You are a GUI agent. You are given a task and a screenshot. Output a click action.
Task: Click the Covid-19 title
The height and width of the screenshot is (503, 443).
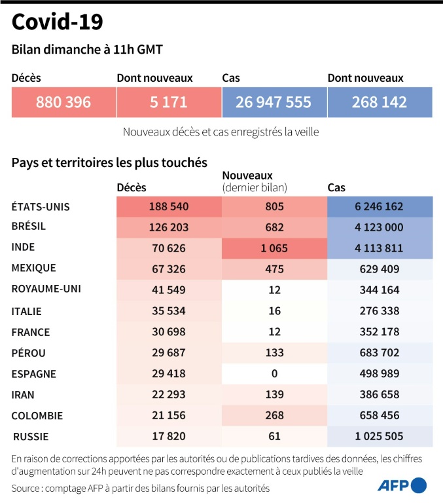pyautogui.click(x=57, y=22)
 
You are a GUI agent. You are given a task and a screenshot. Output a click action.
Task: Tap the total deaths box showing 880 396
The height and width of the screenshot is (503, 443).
pyautogui.click(x=63, y=102)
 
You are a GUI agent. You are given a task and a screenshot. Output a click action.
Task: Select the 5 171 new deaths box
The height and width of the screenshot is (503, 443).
pyautogui.click(x=168, y=102)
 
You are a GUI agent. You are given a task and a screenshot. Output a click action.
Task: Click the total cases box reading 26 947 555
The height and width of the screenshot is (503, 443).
pyautogui.click(x=274, y=102)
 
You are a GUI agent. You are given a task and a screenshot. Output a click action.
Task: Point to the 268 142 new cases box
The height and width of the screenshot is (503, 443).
pyautogui.click(x=380, y=102)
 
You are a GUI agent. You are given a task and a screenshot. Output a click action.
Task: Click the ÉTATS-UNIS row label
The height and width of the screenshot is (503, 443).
pyautogui.click(x=41, y=207)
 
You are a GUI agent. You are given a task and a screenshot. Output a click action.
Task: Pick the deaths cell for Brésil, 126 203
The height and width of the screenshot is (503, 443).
pyautogui.click(x=169, y=227)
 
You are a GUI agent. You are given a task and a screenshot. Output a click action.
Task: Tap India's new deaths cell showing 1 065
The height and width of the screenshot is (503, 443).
pyautogui.click(x=274, y=248)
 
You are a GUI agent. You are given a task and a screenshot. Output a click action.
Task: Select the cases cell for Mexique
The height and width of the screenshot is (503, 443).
pyautogui.click(x=380, y=269)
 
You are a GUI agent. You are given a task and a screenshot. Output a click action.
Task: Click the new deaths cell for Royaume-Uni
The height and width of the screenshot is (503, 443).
pyautogui.click(x=274, y=289)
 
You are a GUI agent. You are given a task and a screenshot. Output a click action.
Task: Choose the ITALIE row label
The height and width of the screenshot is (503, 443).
pyautogui.click(x=27, y=311)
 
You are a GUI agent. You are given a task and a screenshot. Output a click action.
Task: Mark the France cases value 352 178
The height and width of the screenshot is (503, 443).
pyautogui.click(x=380, y=331)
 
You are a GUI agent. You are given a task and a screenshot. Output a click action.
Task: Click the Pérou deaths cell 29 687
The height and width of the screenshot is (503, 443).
pyautogui.click(x=169, y=352)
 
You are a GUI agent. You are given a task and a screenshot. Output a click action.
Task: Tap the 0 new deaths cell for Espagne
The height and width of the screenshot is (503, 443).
pyautogui.click(x=274, y=373)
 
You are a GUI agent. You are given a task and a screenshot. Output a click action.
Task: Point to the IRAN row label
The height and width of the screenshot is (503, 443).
pyautogui.click(x=24, y=395)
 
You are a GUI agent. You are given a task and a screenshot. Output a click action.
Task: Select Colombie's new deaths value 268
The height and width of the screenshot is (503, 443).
pyautogui.click(x=274, y=415)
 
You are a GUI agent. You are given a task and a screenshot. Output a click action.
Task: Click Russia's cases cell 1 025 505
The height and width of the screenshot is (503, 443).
pyautogui.click(x=380, y=436)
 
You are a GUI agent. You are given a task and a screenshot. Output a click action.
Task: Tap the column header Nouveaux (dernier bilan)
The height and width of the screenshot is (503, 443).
pyautogui.click(x=255, y=181)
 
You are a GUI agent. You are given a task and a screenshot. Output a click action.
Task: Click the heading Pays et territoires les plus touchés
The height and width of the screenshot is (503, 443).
pyautogui.click(x=109, y=162)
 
